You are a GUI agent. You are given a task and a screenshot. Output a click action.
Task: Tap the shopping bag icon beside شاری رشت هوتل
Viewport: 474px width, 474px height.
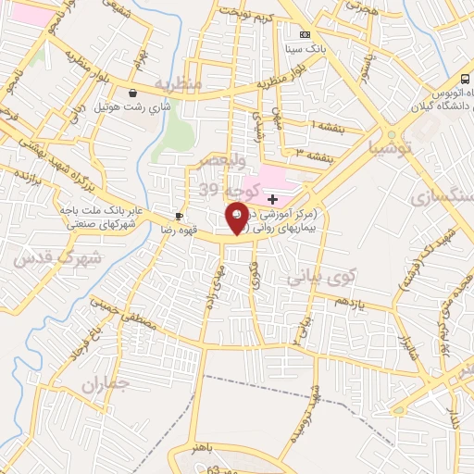[x=134, y=93]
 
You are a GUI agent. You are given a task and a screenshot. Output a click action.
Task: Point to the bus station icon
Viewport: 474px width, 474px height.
[x=464, y=80]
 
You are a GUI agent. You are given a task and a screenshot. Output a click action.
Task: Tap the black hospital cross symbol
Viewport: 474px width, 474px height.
[x=272, y=199]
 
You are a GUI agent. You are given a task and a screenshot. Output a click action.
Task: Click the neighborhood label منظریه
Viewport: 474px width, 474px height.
[x=178, y=83]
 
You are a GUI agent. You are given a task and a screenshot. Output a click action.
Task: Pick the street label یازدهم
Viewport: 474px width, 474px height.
[x=349, y=304]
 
